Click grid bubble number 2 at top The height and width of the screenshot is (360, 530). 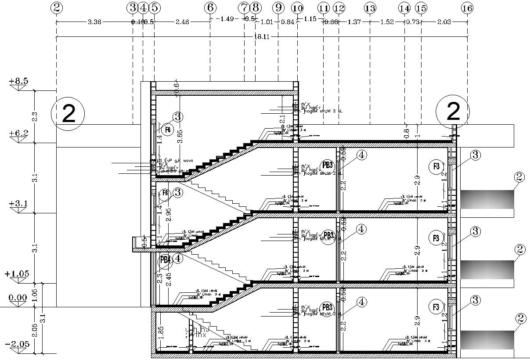tap(57, 7)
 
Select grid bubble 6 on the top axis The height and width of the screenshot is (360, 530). tap(210, 7)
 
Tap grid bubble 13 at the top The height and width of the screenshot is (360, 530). tap(370, 8)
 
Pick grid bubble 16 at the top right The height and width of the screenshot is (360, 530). tap(467, 8)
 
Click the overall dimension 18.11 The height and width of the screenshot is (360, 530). tap(261, 37)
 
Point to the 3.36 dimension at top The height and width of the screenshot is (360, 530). tap(95, 22)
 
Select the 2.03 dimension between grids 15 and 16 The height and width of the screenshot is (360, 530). tap(444, 22)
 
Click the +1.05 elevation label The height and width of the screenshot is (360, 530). tap(17, 274)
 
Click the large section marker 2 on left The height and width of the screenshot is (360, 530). tap(68, 113)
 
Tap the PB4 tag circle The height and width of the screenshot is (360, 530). tap(165, 259)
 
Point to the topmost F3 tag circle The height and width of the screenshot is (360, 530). tap(436, 166)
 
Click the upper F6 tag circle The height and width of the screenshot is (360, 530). tap(167, 130)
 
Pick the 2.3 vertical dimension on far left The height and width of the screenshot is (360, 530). tap(35, 117)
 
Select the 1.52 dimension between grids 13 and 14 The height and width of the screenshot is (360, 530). tap(387, 22)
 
